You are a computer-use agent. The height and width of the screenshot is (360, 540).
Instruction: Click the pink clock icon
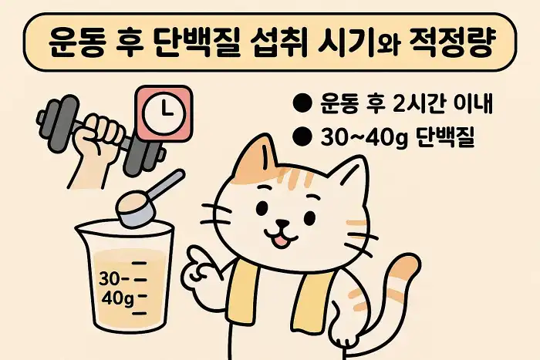(162, 113)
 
